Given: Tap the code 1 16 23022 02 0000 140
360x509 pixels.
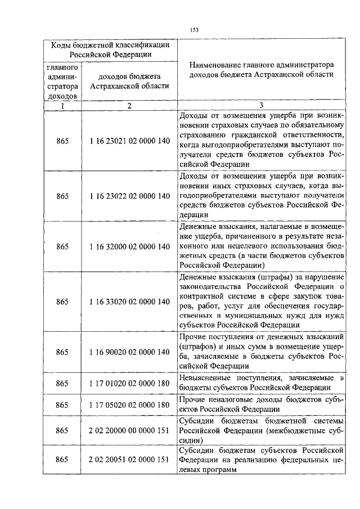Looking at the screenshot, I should click(x=129, y=196).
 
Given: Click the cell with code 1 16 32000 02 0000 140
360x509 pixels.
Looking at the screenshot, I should click(x=129, y=246).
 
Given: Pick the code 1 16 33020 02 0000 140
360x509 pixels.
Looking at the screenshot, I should click(x=129, y=301).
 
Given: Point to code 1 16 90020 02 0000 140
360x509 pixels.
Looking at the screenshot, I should click(x=129, y=352).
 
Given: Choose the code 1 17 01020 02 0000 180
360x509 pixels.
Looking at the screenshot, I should click(x=129, y=383).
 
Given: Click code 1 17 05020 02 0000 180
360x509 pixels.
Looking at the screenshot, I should click(x=129, y=404).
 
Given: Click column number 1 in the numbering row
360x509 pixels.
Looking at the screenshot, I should click(x=62, y=105).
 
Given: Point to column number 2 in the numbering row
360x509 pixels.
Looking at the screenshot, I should click(x=129, y=105).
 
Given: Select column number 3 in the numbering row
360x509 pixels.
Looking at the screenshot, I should click(x=262, y=105).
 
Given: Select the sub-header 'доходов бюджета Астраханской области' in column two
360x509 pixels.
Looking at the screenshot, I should click(x=129, y=81).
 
